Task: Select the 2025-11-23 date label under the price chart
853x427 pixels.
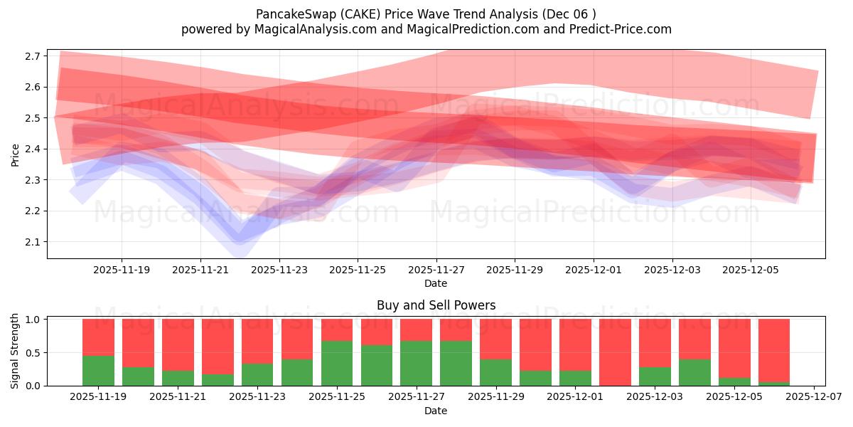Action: click(x=279, y=270)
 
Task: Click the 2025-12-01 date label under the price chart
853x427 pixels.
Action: click(x=594, y=270)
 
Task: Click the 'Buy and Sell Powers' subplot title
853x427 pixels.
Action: click(x=436, y=305)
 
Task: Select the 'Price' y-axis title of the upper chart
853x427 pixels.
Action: click(x=16, y=154)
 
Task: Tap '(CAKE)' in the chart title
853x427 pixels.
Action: click(x=346, y=14)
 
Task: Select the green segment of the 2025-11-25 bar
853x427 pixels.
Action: click(x=337, y=363)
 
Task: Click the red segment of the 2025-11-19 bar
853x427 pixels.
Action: click(x=98, y=337)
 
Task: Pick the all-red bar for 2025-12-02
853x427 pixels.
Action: click(x=615, y=352)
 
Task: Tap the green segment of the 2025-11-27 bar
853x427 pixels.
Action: click(x=416, y=363)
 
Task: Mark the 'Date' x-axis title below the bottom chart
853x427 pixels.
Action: click(x=436, y=411)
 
